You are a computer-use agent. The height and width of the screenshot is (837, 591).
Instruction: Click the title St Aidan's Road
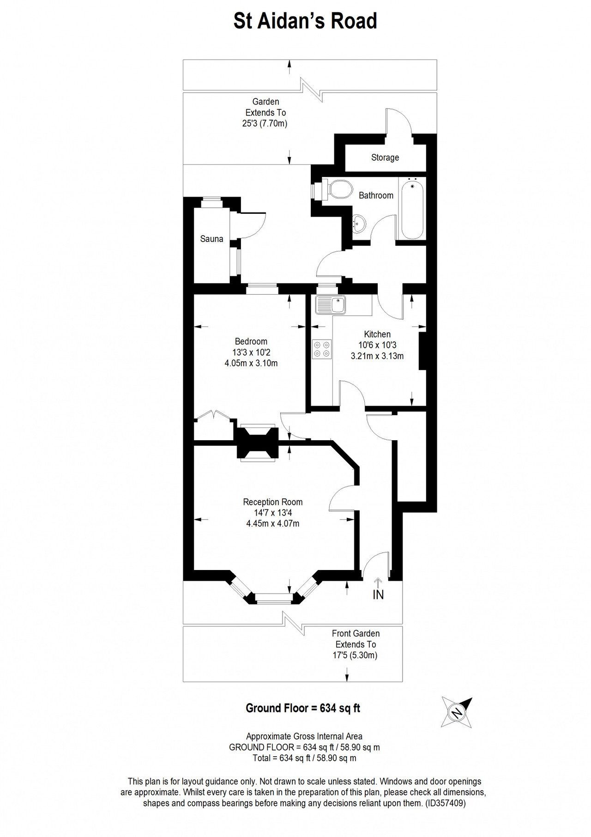pos(305,21)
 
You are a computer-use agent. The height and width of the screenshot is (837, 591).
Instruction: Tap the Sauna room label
pos(211,239)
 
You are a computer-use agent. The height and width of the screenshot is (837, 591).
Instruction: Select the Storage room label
pos(385,158)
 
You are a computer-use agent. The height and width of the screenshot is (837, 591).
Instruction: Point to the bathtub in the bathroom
pos(412,209)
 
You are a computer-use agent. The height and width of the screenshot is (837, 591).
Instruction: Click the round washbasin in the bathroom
pos(359,223)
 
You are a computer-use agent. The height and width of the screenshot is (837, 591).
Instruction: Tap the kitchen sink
pos(330,305)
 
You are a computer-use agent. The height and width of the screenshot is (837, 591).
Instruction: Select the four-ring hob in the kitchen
pos(322,349)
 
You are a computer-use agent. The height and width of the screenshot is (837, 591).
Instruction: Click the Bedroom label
pos(251,341)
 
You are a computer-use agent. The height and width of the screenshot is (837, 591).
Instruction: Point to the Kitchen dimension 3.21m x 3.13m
pos(377,356)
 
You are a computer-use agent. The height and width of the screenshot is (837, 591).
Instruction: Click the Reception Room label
pos(273,502)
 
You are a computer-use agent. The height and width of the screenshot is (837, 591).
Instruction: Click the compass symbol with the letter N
pos(457,712)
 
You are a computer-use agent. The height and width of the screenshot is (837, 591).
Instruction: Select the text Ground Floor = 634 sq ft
pos(303,708)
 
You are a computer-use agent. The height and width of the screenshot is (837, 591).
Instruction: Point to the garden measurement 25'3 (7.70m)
pos(265,123)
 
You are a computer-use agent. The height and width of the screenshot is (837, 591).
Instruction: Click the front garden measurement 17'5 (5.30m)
pos(355,655)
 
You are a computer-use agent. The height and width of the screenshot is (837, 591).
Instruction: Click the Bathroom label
pos(376,195)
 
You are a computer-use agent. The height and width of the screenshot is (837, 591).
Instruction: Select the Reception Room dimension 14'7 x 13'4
pos(273,513)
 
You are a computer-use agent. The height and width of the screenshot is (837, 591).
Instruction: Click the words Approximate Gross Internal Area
pos(304,736)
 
